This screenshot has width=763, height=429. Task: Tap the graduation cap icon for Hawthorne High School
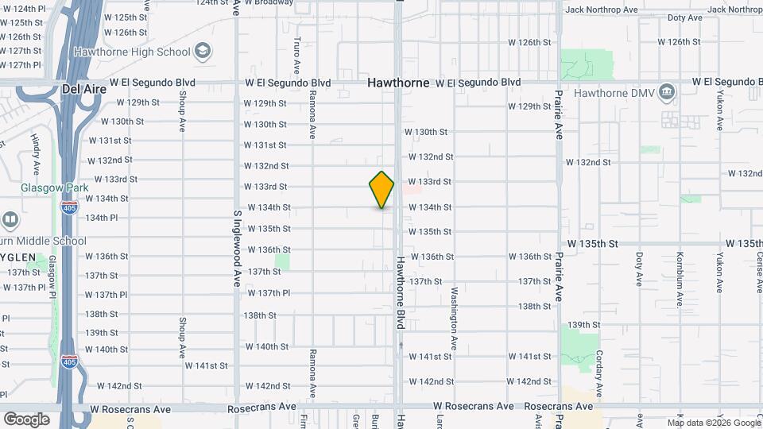click(x=203, y=52)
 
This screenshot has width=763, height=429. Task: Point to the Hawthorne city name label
click(x=398, y=83)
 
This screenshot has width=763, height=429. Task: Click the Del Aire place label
click(x=82, y=90)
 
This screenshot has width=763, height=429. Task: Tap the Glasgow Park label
click(x=55, y=187)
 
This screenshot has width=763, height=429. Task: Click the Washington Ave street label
click(x=455, y=318)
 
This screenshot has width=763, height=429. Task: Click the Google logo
click(x=26, y=419)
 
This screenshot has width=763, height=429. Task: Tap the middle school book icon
click(x=10, y=219)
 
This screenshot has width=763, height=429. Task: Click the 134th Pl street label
click(x=102, y=217)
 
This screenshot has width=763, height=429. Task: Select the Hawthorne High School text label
click(x=132, y=52)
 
